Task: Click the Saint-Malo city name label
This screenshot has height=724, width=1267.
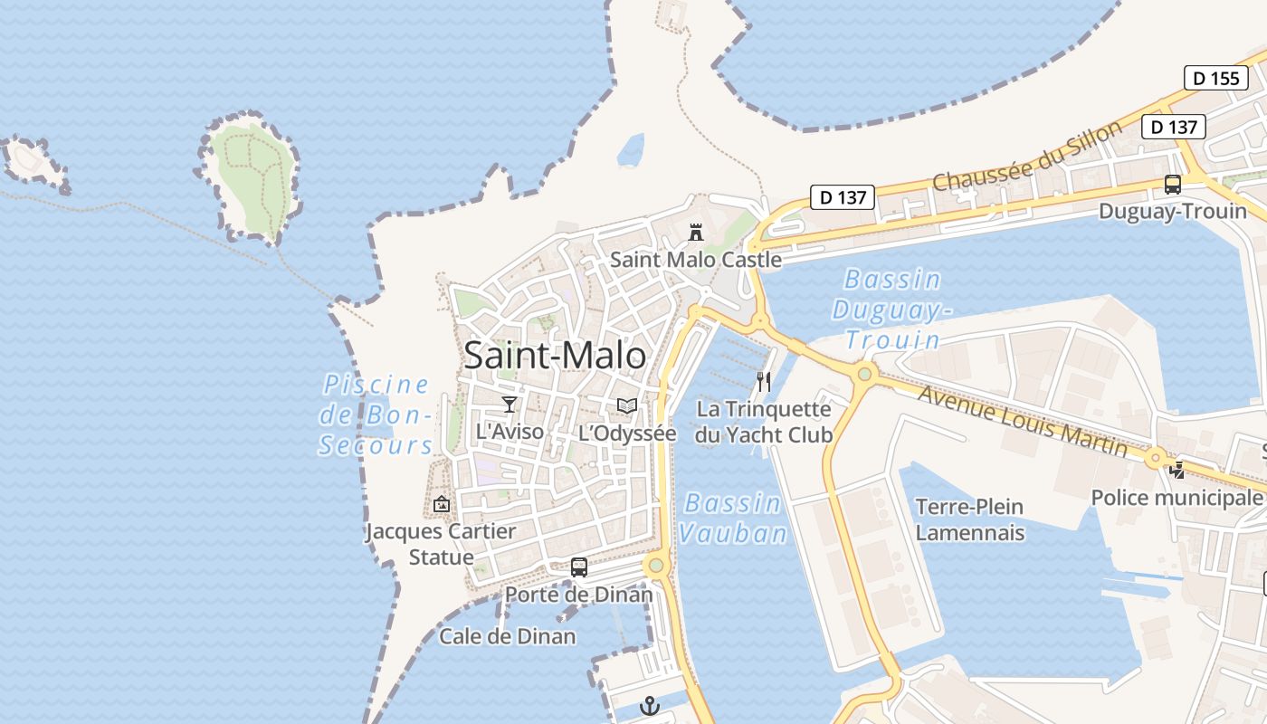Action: (555, 356)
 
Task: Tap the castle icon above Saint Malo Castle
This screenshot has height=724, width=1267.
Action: (696, 233)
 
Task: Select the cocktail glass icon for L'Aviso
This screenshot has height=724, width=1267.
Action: (510, 405)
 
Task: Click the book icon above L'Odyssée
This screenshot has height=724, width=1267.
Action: (627, 406)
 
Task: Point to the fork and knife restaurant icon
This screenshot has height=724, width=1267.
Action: (764, 382)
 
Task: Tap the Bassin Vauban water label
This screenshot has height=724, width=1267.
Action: (733, 519)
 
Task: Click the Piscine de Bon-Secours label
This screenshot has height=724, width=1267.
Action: (376, 414)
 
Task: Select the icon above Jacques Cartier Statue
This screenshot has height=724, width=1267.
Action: (442, 504)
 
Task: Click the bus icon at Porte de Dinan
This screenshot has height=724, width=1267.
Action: (579, 567)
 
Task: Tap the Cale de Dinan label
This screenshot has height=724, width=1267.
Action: (507, 636)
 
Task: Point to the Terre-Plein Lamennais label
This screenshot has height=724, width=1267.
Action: (969, 519)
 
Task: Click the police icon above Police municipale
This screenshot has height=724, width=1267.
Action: (1176, 470)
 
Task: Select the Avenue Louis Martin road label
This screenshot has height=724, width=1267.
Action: (1023, 421)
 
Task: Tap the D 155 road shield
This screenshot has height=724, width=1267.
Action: (1215, 78)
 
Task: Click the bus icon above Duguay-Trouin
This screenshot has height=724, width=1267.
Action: (1173, 185)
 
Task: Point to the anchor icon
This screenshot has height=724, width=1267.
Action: (650, 706)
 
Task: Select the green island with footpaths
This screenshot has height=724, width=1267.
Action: (251, 177)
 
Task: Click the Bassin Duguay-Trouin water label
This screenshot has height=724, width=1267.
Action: (892, 310)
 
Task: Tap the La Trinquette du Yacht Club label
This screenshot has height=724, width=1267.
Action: (764, 422)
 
